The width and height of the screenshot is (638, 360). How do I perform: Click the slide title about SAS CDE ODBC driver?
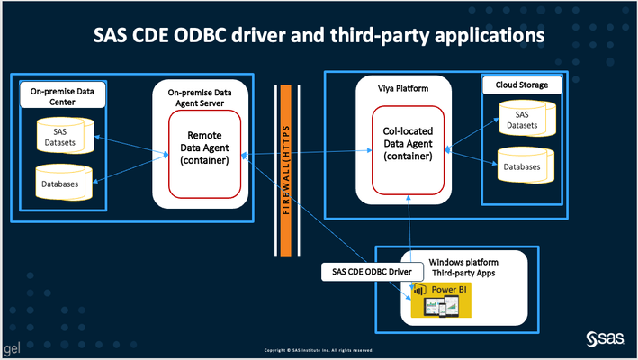pyautogui.click(x=319, y=38)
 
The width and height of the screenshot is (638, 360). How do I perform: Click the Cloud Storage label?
pyautogui.click(x=522, y=85)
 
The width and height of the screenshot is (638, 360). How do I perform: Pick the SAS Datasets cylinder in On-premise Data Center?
pyautogui.click(x=60, y=138)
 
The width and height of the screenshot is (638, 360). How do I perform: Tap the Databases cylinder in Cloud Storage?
pyautogui.click(x=522, y=166)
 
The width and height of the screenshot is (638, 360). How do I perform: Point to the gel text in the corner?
pyautogui.click(x=11, y=346)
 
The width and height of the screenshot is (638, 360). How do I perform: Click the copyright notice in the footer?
pyautogui.click(x=319, y=349)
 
